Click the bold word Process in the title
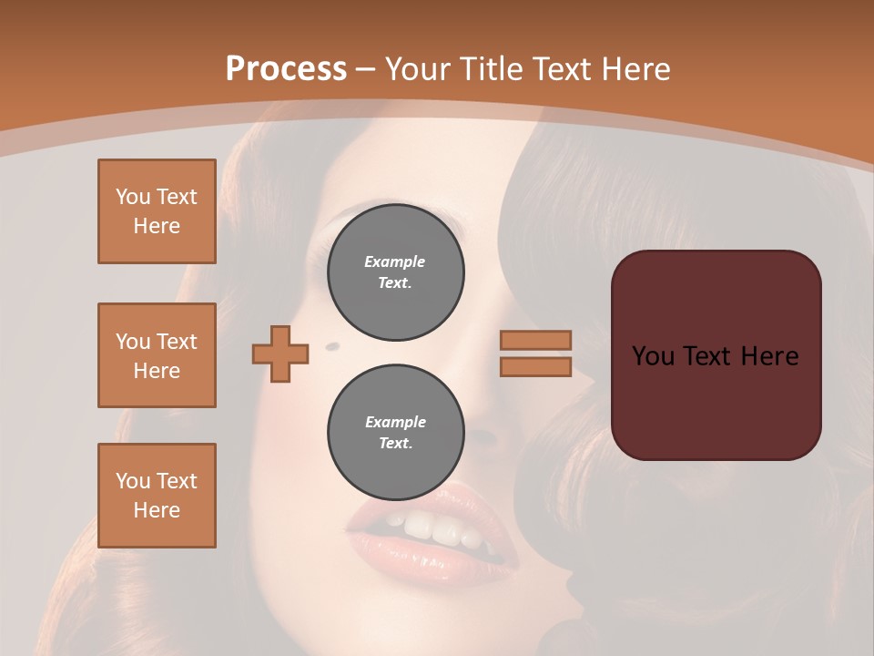286,69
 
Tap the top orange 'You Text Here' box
157,211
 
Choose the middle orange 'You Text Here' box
157,355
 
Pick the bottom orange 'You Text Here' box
157,496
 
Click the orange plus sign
280,354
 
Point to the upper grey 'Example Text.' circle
395,272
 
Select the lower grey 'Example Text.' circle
395,433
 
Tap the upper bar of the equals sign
535,340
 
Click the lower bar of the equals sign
535,366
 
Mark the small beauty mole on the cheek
331,346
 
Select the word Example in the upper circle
395,261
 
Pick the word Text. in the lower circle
395,444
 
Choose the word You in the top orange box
133,197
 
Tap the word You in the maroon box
652,356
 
